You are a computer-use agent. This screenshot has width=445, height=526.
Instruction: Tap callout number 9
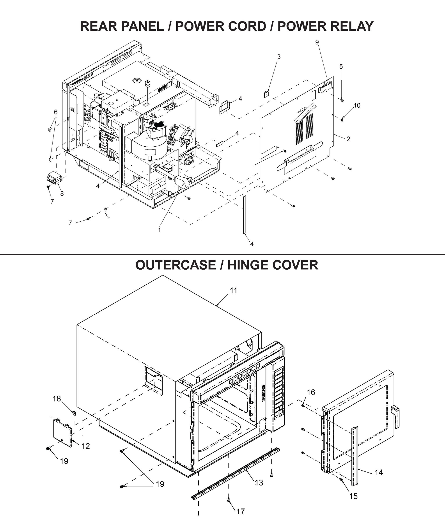[x=317, y=42]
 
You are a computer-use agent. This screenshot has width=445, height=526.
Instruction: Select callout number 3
[x=279, y=57]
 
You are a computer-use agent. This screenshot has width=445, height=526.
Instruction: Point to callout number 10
[x=357, y=105]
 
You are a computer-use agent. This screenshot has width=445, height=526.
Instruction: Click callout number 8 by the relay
[x=62, y=194]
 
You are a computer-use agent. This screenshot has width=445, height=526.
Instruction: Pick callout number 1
[x=160, y=230]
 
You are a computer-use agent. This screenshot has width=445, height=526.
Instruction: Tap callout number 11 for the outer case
[x=234, y=291]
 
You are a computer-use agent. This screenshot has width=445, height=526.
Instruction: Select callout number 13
[x=259, y=483]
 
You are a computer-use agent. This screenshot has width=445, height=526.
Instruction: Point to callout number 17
[x=241, y=511]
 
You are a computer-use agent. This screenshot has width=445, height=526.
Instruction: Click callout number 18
[x=57, y=399]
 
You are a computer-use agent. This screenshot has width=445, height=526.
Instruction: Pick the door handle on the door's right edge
[x=395, y=417]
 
